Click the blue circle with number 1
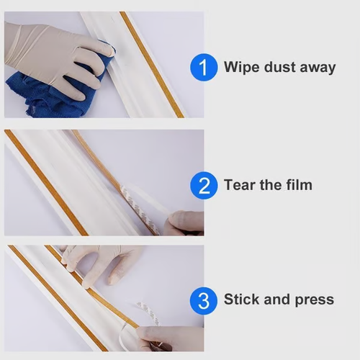point(204,68)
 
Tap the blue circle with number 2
point(204,186)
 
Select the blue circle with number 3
point(204,299)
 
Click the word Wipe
point(240,68)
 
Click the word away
point(317,68)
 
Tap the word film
point(299,185)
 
